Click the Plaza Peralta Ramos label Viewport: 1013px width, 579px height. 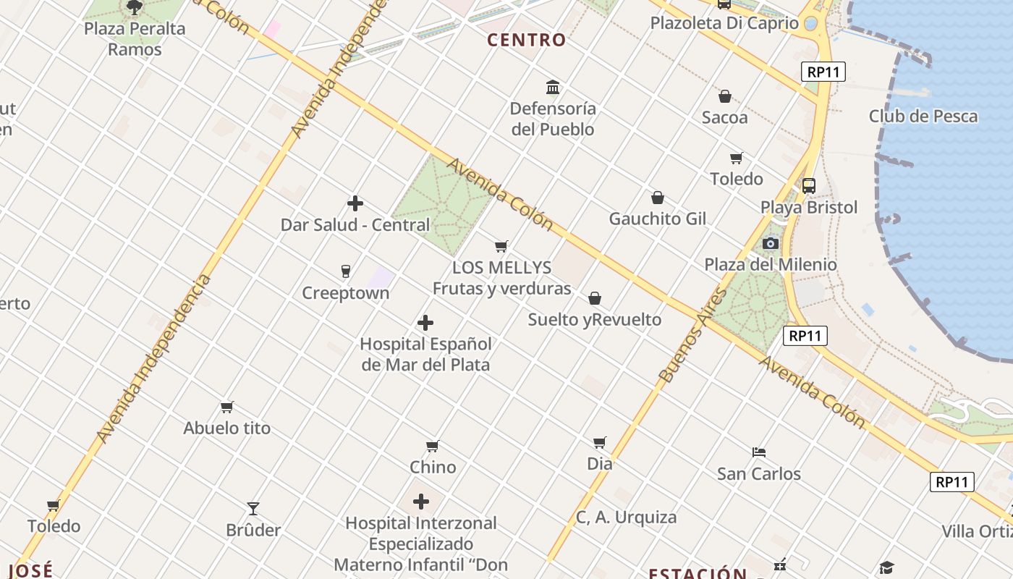(135, 39)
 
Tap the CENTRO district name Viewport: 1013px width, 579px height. (526, 40)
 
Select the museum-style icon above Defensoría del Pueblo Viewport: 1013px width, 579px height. (554, 88)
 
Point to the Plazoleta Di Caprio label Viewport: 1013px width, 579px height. (724, 23)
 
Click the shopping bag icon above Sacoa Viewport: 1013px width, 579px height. (724, 96)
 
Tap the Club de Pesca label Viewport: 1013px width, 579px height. (923, 116)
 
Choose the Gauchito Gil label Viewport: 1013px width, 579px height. (657, 219)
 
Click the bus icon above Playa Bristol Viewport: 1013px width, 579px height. (809, 186)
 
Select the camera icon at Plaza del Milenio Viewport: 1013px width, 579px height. (771, 243)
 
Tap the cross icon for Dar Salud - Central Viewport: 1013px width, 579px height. (355, 203)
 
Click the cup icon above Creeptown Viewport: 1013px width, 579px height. (346, 271)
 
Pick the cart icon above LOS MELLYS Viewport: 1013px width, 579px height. (501, 246)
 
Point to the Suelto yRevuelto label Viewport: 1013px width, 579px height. (594, 319)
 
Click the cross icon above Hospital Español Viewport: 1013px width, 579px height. (425, 323)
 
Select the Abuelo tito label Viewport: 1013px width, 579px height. (226, 428)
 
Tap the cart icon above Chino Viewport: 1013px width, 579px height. (433, 446)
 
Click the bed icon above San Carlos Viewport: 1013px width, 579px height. (759, 452)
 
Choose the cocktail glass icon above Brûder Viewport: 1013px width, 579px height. (253, 509)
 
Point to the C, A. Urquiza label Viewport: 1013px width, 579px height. (626, 517)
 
